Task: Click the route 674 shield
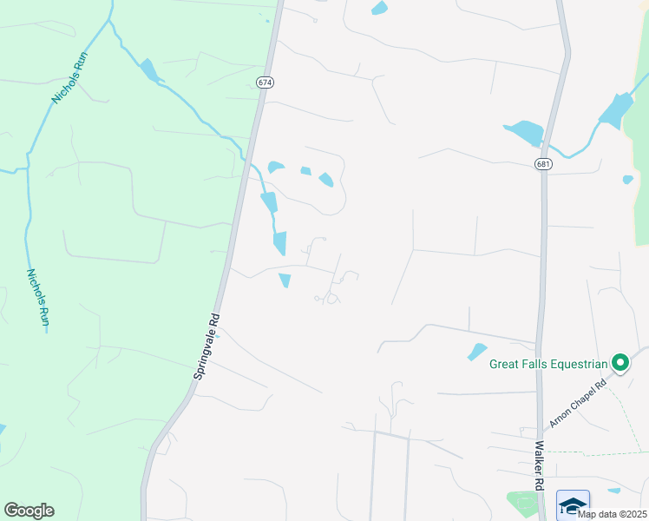click(x=265, y=82)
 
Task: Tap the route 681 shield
click(x=543, y=164)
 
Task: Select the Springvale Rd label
click(x=207, y=346)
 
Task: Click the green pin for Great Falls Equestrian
click(x=620, y=362)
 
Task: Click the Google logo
click(x=29, y=511)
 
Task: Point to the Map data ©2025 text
click(x=612, y=513)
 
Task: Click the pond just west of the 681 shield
click(x=523, y=133)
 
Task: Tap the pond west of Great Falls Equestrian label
click(x=477, y=352)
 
